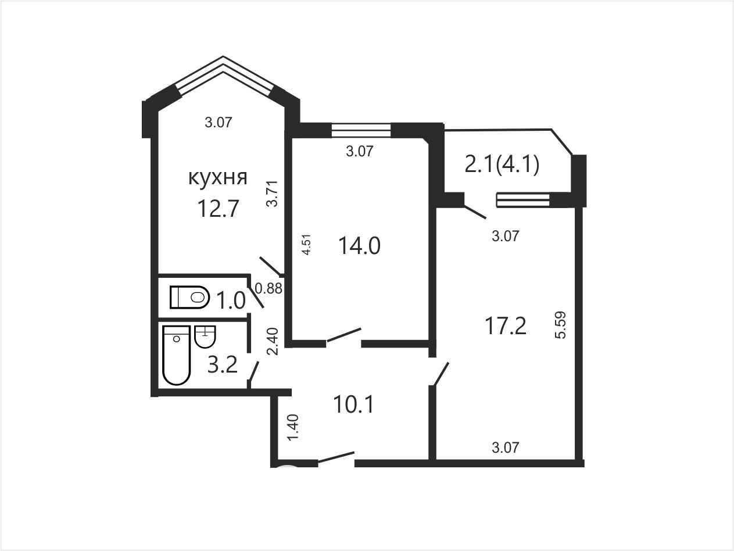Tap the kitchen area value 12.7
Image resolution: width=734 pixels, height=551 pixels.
[x=218, y=208]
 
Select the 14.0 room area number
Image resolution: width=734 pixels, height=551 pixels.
[x=360, y=246]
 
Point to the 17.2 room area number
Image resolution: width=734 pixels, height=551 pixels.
[x=505, y=326]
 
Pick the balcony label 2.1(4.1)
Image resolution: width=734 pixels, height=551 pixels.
[x=502, y=164]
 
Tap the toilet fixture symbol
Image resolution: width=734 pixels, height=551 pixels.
[x=189, y=297]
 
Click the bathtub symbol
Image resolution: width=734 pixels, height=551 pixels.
[x=177, y=355]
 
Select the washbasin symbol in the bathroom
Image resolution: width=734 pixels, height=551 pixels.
[x=205, y=337]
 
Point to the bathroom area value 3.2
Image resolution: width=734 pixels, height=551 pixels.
[x=223, y=364]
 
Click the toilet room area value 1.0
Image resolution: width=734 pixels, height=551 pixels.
[x=231, y=300]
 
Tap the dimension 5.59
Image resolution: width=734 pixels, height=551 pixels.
[x=561, y=325]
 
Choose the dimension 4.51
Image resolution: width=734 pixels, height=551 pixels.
[x=307, y=245]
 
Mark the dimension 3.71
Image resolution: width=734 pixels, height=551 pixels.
[x=272, y=194]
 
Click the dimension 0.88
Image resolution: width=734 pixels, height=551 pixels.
[x=268, y=288]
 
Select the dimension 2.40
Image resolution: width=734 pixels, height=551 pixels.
[x=273, y=341]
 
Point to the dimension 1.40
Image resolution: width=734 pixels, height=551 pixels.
[x=293, y=428]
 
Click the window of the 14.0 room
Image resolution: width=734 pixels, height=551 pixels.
[x=361, y=130]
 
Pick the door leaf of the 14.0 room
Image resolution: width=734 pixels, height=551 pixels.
[x=344, y=335]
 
